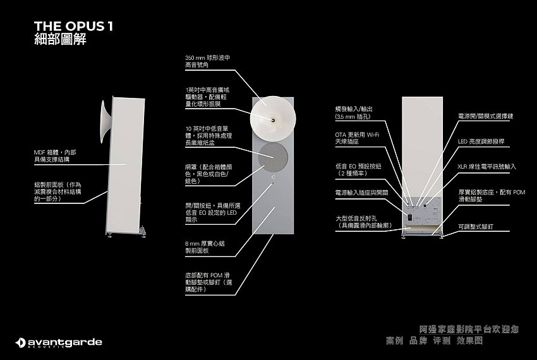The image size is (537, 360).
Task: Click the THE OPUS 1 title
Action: coord(73,26)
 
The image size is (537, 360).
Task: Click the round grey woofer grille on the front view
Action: coord(273,155)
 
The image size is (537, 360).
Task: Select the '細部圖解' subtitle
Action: coord(60,40)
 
